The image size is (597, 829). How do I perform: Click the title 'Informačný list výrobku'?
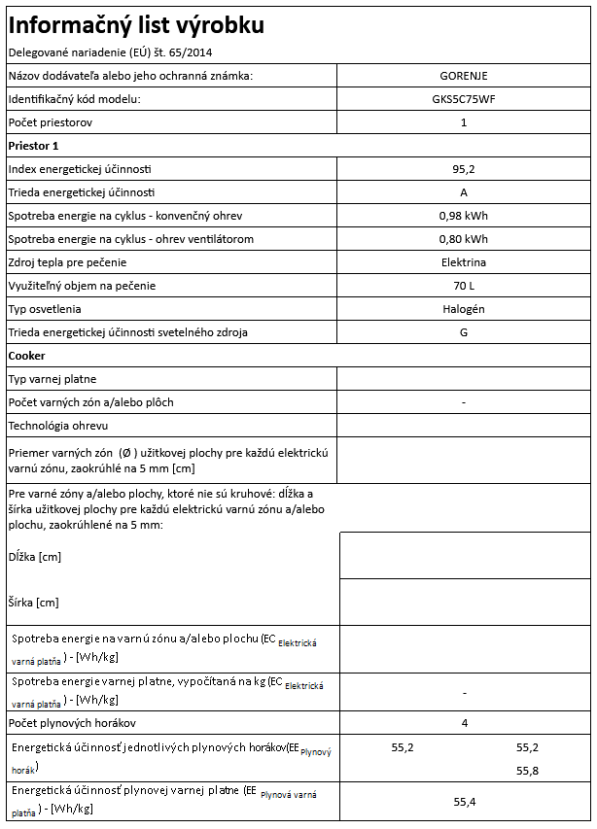pos(135,24)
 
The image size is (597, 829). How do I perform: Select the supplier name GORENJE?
pos(464,76)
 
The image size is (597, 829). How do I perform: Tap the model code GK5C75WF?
pos(464,99)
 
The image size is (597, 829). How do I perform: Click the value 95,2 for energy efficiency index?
pos(464,169)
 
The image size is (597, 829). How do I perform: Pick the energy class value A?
pos(464,192)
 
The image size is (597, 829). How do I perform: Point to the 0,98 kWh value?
pos(464,216)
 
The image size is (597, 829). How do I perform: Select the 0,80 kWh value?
pos(464,239)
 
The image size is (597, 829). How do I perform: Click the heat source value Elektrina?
pos(464,262)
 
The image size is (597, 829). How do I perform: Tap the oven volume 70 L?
pos(464,286)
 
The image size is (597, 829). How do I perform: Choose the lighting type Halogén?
pos(464,309)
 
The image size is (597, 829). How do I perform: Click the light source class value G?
pos(464,332)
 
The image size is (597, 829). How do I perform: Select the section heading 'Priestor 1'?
pos(34,146)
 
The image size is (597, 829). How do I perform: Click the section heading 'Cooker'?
pos(27,356)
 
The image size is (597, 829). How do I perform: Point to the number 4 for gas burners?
pos(464,724)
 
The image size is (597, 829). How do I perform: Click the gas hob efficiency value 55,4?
pos(464,802)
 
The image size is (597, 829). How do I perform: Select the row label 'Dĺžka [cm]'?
pos(35,557)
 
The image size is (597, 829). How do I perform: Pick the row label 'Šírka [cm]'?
pos(34,603)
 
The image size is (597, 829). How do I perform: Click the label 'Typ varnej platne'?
pos(53,379)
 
